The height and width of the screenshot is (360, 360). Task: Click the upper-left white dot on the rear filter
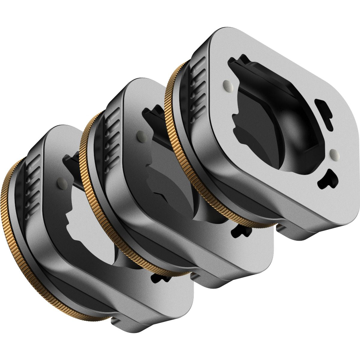(x=227, y=86)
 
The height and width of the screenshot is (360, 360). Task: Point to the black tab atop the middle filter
(x=152, y=118)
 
